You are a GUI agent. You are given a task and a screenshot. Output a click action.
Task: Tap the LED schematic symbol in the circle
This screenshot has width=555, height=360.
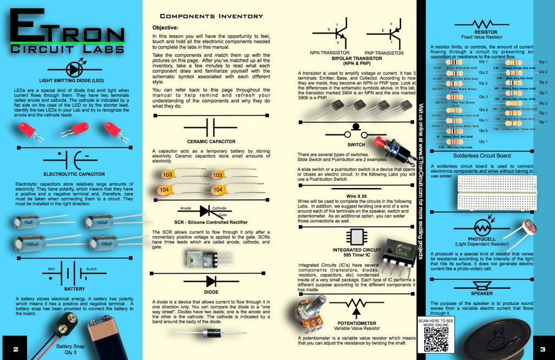tap(74, 69)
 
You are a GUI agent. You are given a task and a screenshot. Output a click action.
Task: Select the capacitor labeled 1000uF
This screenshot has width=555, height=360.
tap(30, 243)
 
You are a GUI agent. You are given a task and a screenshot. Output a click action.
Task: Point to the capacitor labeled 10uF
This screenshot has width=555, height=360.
tap(27, 222)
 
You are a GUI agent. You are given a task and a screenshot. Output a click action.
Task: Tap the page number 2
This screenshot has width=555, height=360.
tap(15, 349)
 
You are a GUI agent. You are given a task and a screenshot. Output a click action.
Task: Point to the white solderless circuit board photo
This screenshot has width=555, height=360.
tap(497, 192)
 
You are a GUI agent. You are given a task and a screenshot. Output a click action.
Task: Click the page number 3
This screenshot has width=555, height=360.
tap(542, 349)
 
